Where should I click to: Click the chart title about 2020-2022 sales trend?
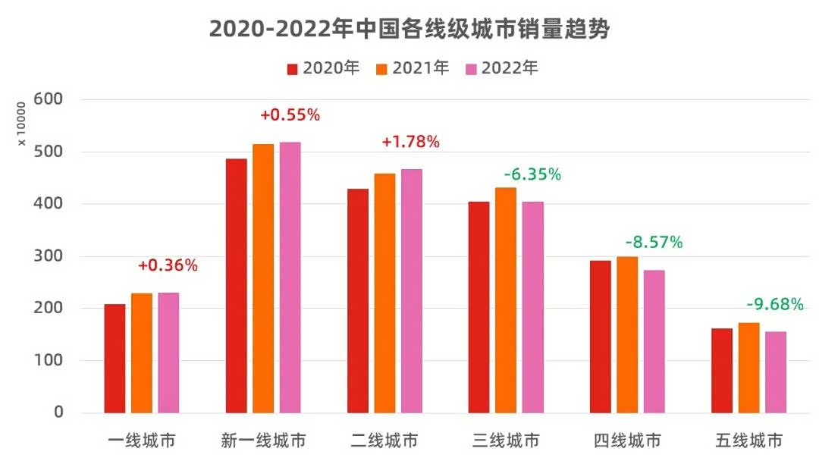(409, 29)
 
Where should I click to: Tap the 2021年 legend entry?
(413, 68)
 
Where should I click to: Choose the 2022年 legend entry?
(501, 68)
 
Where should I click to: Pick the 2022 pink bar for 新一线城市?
(290, 278)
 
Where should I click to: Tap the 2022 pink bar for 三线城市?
(532, 307)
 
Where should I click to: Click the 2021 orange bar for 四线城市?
(627, 334)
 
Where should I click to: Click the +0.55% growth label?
(290, 115)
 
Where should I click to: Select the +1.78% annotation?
(410, 142)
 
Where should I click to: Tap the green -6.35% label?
(532, 174)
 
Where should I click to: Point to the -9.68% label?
(774, 305)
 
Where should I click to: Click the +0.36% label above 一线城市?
(168, 265)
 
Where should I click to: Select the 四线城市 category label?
(627, 441)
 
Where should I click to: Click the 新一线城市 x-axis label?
(263, 441)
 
